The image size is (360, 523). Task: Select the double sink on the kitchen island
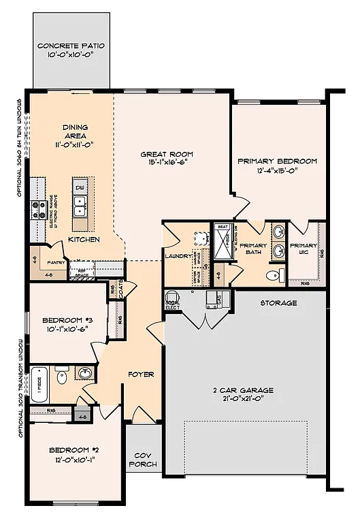[80, 201]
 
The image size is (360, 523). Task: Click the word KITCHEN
[84, 240]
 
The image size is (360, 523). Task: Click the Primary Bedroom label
[277, 161]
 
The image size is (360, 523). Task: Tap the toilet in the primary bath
[273, 276]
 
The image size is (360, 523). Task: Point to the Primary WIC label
[303, 249]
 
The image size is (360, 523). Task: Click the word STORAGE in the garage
[279, 303]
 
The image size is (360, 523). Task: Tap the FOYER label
[142, 374]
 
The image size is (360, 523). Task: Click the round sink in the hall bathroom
[84, 374]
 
